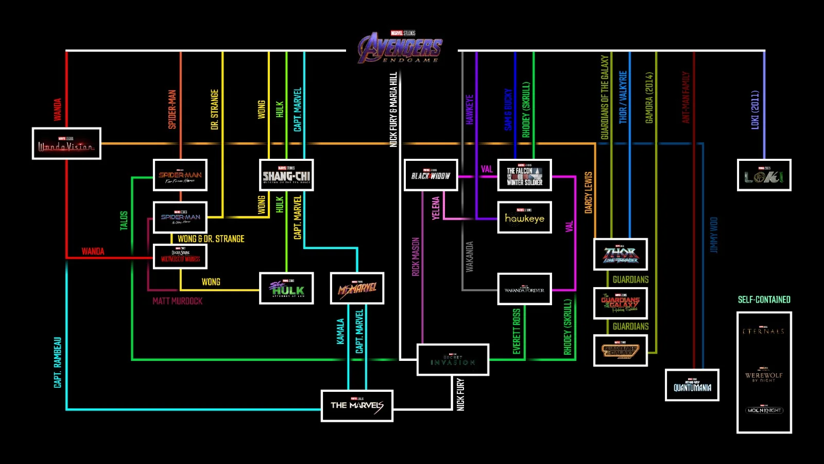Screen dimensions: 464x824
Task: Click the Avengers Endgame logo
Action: (x=401, y=48)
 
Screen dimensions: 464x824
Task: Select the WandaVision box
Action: (x=66, y=143)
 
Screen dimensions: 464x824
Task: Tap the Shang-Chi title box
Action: (x=286, y=175)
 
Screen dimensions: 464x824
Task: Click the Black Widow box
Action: (x=431, y=175)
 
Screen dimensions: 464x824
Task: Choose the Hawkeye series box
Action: (x=524, y=218)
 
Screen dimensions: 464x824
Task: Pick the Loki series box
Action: (x=764, y=175)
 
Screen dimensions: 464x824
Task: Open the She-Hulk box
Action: (x=286, y=288)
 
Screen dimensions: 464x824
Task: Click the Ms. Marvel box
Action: (x=357, y=288)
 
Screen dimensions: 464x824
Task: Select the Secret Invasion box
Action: (x=453, y=360)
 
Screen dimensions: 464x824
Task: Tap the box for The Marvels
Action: (x=357, y=406)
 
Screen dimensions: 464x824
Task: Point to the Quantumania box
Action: (x=692, y=385)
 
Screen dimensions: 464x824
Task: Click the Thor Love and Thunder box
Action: (x=621, y=254)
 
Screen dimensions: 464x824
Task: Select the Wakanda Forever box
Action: (x=524, y=289)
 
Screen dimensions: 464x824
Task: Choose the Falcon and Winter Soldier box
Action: (x=524, y=175)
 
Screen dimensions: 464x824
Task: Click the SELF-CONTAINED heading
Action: (x=764, y=300)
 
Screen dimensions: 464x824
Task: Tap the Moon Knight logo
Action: (x=764, y=410)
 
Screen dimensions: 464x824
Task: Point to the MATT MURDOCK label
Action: (x=177, y=301)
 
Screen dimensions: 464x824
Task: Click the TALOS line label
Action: (x=124, y=220)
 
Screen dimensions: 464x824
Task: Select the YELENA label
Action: (x=436, y=208)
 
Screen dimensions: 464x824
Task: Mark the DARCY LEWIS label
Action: (x=588, y=192)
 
